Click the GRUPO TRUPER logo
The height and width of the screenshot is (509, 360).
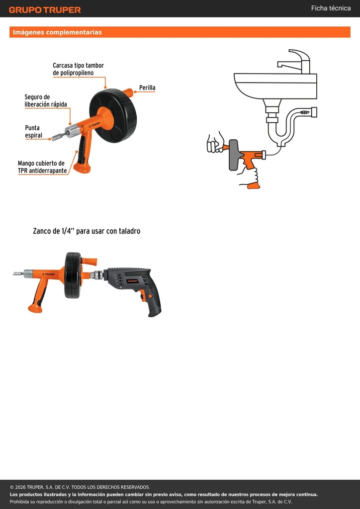(x=45, y=10)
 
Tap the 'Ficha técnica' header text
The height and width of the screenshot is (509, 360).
(x=331, y=8)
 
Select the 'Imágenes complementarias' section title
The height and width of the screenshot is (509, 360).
(x=57, y=32)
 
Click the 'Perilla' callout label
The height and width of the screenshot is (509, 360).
(x=147, y=87)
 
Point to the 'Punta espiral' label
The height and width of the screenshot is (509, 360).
(x=33, y=131)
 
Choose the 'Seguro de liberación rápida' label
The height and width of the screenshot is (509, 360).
(x=46, y=100)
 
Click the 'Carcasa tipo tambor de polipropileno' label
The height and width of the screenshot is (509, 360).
(x=78, y=69)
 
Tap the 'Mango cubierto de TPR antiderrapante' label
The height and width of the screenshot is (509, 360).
(x=42, y=167)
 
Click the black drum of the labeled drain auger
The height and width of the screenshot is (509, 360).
(x=113, y=115)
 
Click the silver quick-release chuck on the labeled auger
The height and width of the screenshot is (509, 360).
(x=72, y=131)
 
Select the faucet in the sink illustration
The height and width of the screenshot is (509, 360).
(x=294, y=62)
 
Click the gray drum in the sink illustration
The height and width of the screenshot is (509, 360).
(x=233, y=155)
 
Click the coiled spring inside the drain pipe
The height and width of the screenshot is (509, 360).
(x=305, y=112)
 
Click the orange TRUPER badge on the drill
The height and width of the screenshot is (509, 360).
(x=132, y=281)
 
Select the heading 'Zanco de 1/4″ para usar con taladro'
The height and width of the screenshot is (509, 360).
(x=87, y=231)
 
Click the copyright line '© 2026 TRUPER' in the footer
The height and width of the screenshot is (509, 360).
(x=80, y=487)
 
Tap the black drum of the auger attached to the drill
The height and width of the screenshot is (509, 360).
(x=73, y=275)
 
